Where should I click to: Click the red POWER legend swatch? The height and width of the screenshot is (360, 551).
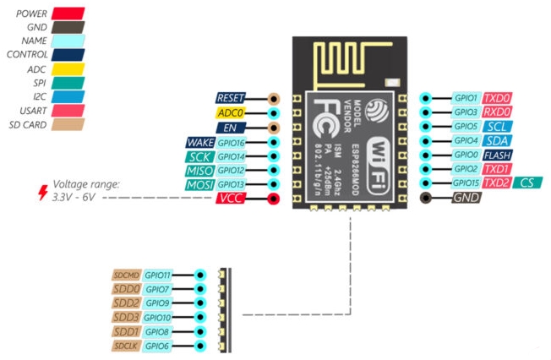tap(68, 14)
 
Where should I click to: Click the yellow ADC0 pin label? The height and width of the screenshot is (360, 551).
tap(231, 112)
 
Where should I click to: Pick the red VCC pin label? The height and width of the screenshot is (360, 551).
tap(231, 199)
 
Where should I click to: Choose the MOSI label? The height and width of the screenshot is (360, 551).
tap(200, 184)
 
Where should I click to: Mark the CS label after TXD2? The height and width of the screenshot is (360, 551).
tap(527, 183)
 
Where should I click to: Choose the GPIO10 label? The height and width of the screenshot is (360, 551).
tap(158, 317)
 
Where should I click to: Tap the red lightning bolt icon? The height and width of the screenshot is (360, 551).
tap(42, 192)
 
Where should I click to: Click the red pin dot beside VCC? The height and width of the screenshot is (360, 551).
tap(273, 199)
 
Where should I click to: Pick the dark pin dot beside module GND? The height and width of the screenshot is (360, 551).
tap(424, 199)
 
